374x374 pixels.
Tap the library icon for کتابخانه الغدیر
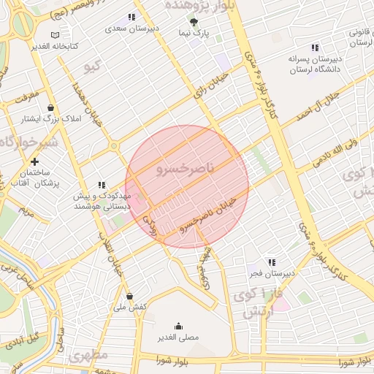tap(56, 34)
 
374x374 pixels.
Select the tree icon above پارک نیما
tap(194, 22)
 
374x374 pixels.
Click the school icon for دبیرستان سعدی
tap(131, 17)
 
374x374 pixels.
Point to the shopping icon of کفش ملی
tap(130, 296)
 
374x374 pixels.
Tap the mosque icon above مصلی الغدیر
tap(178, 326)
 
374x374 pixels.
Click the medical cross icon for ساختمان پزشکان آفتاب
tap(34, 161)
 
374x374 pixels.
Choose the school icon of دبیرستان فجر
tap(272, 262)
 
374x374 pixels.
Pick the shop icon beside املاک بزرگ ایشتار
tap(50, 107)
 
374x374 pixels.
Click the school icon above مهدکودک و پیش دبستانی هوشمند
tap(102, 186)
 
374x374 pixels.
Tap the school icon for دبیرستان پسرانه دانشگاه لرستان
tap(315, 47)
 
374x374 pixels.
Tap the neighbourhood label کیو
tap(91, 67)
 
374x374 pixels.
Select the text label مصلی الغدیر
tap(178, 337)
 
